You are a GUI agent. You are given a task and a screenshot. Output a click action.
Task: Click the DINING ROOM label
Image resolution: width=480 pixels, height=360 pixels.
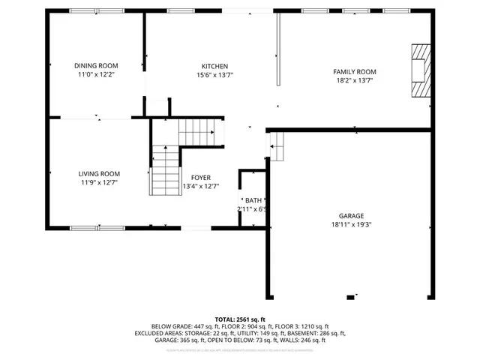click(96, 65)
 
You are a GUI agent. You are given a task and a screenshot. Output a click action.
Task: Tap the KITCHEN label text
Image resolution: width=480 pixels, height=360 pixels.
click(214, 66)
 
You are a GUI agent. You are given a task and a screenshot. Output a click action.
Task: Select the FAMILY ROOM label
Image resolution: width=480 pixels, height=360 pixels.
click(354, 71)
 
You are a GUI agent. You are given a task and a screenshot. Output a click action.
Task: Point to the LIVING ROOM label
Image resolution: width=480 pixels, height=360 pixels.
click(99, 173)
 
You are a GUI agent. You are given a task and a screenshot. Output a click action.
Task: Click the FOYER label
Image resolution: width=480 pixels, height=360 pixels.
click(201, 178)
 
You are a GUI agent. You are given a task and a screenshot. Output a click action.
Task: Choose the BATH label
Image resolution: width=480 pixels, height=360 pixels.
click(253, 200)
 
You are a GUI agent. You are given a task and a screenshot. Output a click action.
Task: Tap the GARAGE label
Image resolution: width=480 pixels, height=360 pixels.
click(351, 214)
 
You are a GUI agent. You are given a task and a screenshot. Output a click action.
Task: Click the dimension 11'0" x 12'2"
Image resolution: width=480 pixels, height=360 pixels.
click(96, 75)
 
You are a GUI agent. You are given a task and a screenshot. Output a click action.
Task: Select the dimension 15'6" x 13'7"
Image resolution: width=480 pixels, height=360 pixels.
click(214, 75)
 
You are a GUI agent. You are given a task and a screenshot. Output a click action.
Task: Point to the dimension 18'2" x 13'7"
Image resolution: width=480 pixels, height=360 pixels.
click(354, 80)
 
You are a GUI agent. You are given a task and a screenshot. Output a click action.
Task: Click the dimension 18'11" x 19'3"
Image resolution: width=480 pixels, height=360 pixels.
click(351, 223)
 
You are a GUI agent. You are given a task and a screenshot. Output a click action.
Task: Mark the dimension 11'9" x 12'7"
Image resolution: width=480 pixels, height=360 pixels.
click(99, 182)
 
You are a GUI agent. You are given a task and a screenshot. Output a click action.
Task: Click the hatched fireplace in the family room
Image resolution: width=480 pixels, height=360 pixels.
click(421, 70)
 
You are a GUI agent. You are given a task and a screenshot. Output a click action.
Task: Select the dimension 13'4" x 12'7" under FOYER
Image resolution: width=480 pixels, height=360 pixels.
click(201, 187)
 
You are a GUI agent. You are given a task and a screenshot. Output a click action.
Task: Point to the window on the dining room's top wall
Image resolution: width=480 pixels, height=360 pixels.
click(87, 10)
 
